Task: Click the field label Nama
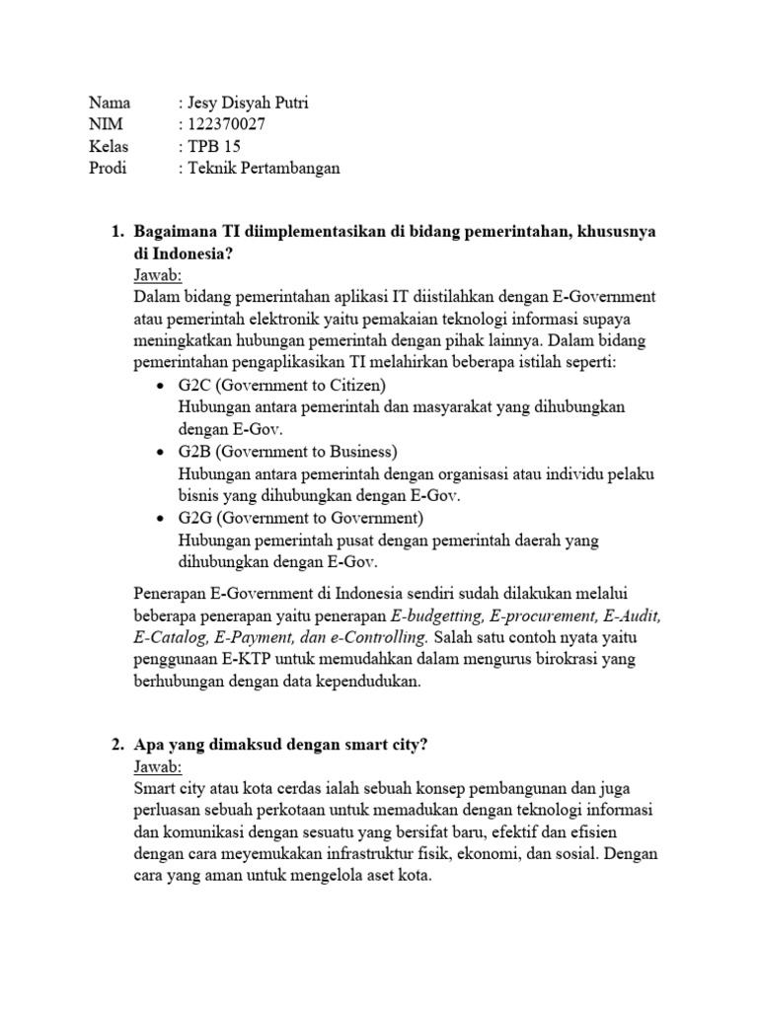110,103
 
